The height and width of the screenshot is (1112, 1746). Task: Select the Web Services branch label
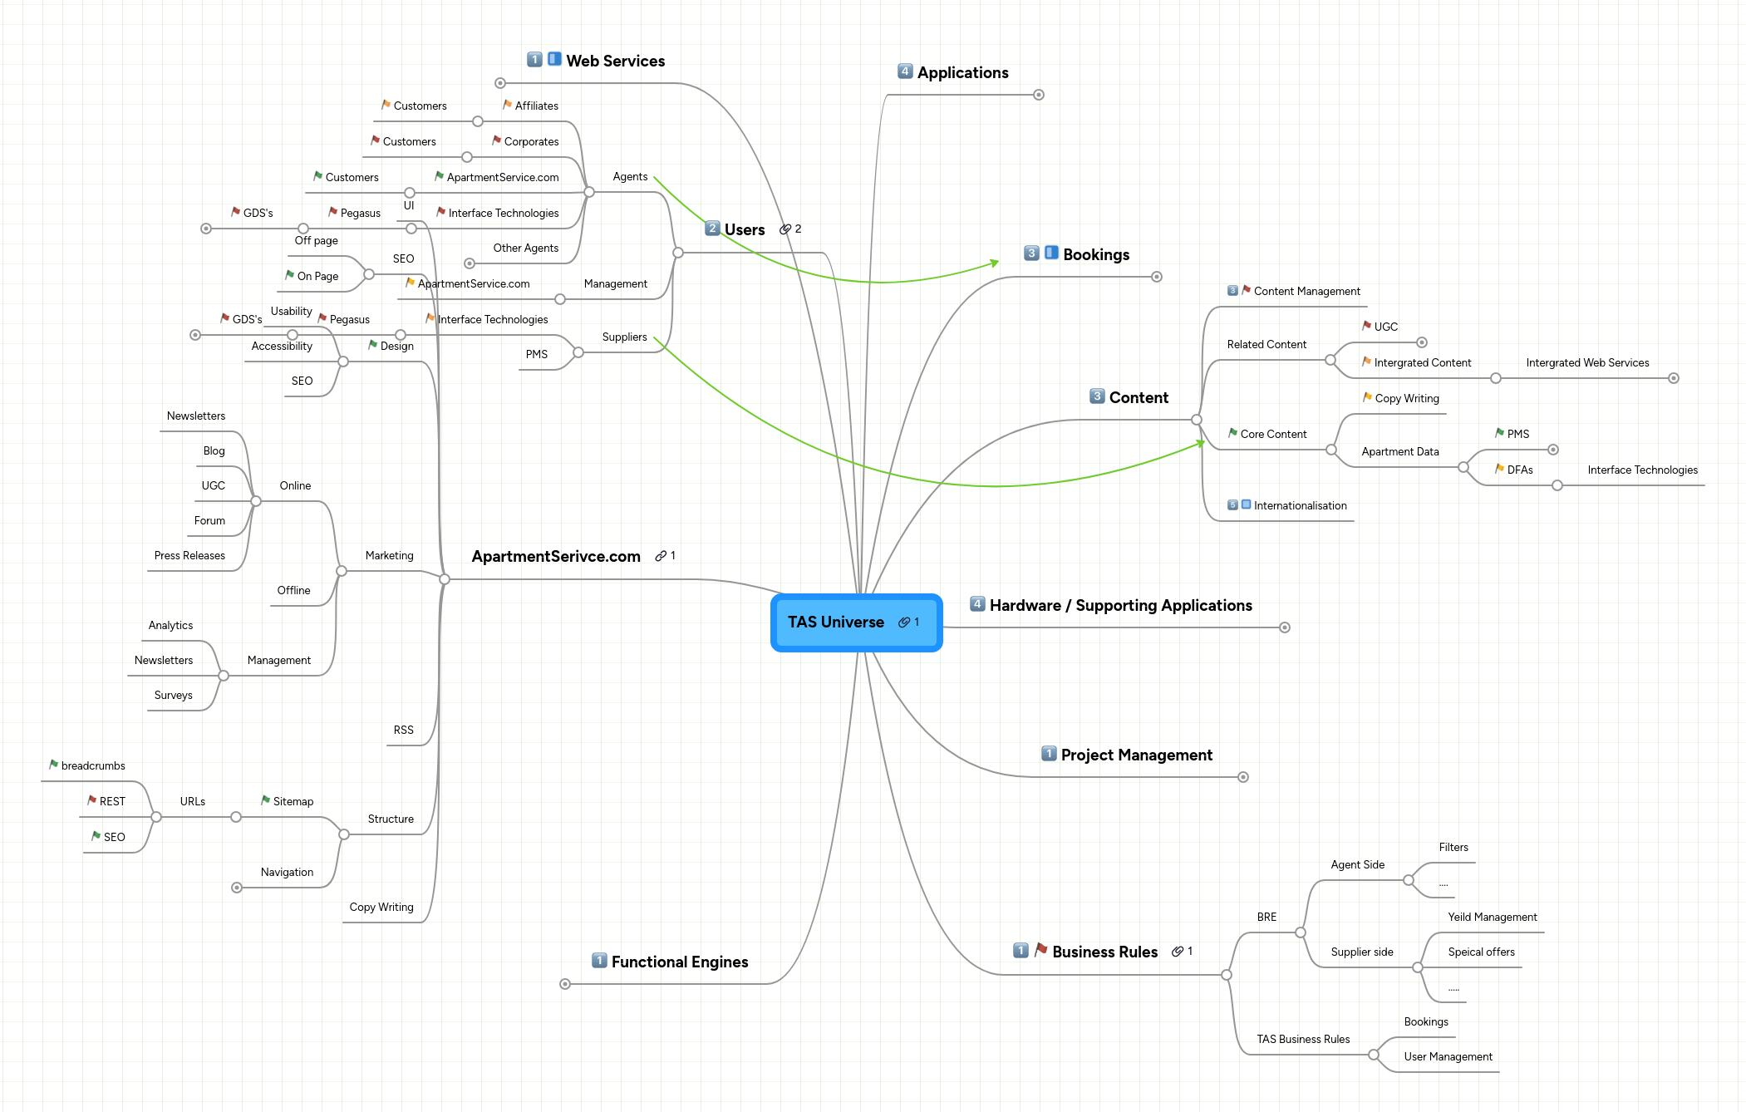pyautogui.click(x=615, y=61)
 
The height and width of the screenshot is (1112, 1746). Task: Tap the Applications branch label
pyautogui.click(x=962, y=72)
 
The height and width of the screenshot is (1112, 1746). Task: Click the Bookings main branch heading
pyautogui.click(x=1095, y=254)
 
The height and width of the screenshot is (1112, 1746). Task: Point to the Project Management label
pyautogui.click(x=1136, y=755)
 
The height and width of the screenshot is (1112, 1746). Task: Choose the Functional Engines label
pyautogui.click(x=679, y=962)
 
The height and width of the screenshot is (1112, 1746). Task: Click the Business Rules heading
pyautogui.click(x=1104, y=952)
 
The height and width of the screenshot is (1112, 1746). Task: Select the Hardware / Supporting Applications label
pyautogui.click(x=1120, y=605)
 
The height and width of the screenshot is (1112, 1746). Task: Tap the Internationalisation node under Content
pyautogui.click(x=1300, y=505)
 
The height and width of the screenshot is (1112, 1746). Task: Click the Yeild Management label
pyautogui.click(x=1492, y=917)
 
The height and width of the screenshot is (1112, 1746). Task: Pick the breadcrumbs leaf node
pyautogui.click(x=93, y=765)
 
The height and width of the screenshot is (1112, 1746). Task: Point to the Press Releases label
pyautogui.click(x=189, y=555)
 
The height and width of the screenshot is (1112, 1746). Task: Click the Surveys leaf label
pyautogui.click(x=173, y=695)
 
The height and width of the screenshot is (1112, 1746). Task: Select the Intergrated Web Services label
pyautogui.click(x=1587, y=362)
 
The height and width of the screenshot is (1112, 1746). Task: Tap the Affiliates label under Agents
pyautogui.click(x=536, y=106)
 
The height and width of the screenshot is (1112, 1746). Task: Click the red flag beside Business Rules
pyautogui.click(x=1040, y=950)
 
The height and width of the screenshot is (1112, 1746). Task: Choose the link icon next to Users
pyautogui.click(x=785, y=229)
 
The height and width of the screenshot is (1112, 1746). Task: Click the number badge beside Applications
pyautogui.click(x=905, y=71)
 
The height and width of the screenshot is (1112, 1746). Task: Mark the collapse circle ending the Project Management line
pyautogui.click(x=1243, y=777)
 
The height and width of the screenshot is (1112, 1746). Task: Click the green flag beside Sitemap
pyautogui.click(x=265, y=800)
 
